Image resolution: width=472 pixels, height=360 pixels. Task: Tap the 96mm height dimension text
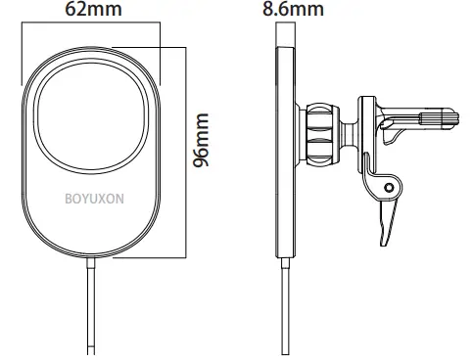pyautogui.click(x=203, y=143)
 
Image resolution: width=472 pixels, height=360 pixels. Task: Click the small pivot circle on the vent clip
pyautogui.click(x=390, y=186)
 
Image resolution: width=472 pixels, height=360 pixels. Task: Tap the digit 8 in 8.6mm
pyautogui.click(x=270, y=12)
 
